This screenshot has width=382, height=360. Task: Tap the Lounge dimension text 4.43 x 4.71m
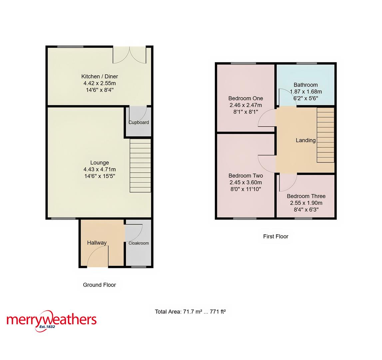(x=100, y=169)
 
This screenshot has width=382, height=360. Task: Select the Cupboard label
(x=139, y=122)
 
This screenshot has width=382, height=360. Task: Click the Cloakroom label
(x=139, y=243)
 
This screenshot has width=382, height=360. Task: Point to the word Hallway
(x=97, y=243)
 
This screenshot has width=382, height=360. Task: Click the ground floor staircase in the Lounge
(x=140, y=166)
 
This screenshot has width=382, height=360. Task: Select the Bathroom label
(x=305, y=85)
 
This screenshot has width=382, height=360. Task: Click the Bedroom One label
(x=245, y=98)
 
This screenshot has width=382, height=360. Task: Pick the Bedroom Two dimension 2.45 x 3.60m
(x=245, y=182)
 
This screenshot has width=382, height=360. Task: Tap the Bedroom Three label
(x=306, y=196)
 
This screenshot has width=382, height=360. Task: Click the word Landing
(x=305, y=140)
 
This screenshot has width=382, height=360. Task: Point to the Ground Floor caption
(x=99, y=285)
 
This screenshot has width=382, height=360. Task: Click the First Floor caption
(x=275, y=236)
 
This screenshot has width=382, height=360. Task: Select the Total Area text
(x=190, y=312)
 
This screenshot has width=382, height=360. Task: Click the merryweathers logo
(x=52, y=320)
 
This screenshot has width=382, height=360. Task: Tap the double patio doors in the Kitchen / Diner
(x=130, y=55)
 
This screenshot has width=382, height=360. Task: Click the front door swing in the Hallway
(x=97, y=259)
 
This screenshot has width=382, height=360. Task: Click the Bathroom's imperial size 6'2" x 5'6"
(x=305, y=98)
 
